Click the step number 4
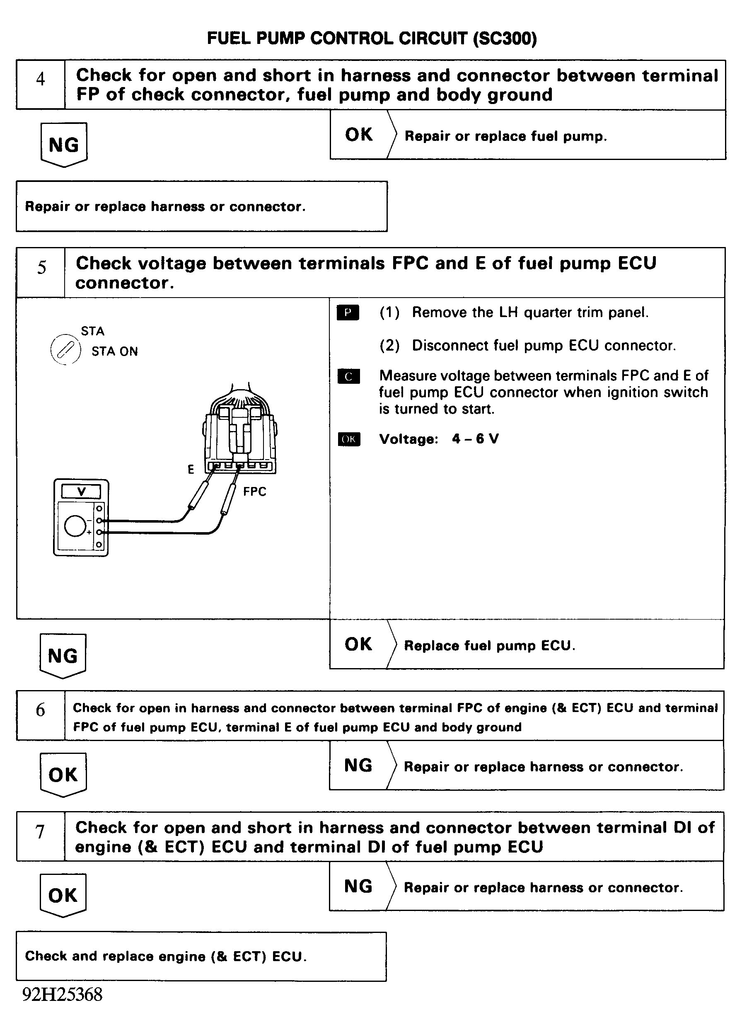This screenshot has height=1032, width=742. point(41,79)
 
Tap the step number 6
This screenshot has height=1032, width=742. point(41,710)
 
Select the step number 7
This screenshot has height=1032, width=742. point(40,832)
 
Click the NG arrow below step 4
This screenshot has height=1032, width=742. point(64,145)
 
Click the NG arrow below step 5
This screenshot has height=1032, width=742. point(63,656)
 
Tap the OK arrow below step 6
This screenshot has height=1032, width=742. point(63,775)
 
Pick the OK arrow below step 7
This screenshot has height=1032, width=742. point(63,896)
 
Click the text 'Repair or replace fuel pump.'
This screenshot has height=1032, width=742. point(505,136)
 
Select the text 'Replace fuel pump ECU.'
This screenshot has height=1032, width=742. point(490,646)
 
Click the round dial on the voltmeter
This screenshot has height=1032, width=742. point(75,526)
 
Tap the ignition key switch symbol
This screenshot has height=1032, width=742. point(65,350)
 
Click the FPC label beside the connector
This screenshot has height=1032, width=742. point(254,492)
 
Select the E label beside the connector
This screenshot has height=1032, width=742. point(191,470)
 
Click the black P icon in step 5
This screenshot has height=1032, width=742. point(348,313)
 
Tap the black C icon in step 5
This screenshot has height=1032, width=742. point(348,376)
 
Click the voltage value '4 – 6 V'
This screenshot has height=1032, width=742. point(476,438)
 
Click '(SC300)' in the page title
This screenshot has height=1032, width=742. point(505,39)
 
